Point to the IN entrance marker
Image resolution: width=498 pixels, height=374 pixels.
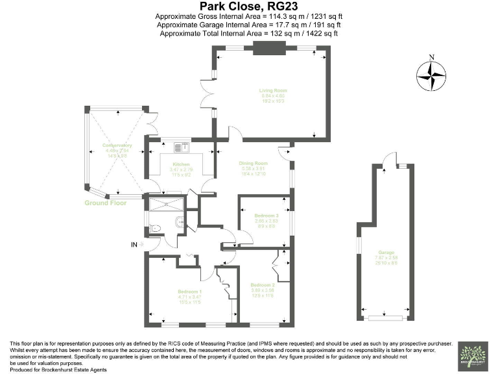click(x=134, y=245)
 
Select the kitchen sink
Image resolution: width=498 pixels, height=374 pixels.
click(x=179, y=143)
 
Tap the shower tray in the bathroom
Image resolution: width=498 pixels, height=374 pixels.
click(x=166, y=205)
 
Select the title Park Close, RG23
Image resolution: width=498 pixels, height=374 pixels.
click(x=249, y=6)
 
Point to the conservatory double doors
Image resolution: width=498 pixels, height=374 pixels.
click(x=153, y=123)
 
